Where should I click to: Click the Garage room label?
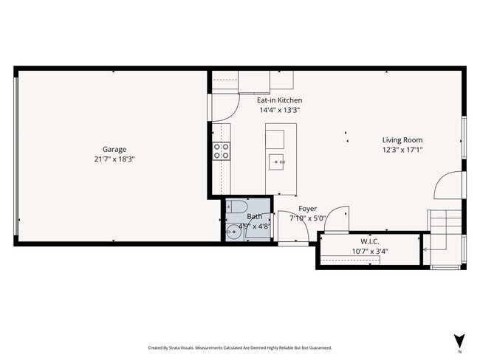[x=114, y=149]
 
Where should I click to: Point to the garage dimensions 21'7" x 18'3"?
[x=114, y=159]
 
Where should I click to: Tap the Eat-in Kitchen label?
[x=279, y=100]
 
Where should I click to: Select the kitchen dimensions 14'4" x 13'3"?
[x=279, y=110]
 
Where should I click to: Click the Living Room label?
[x=402, y=140]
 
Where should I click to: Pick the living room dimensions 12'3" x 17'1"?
[x=402, y=150]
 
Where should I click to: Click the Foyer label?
[x=308, y=209]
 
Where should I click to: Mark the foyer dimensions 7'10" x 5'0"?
[x=308, y=218]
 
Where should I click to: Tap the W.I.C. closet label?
[x=370, y=241]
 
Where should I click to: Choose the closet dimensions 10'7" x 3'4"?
[x=370, y=251]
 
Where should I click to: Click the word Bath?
[x=254, y=217]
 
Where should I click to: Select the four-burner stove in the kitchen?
[x=221, y=151]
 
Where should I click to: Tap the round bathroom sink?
[x=234, y=231]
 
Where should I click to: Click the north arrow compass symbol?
[x=458, y=341]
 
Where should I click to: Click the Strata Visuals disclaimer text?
[x=240, y=347]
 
